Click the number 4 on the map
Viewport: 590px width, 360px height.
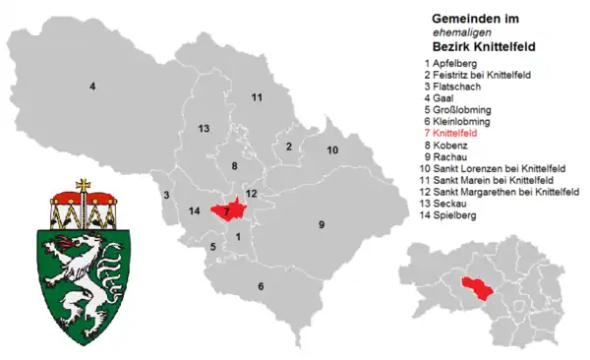click(92, 88)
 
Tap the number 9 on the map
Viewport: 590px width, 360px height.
click(321, 225)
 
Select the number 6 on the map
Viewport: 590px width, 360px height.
click(261, 286)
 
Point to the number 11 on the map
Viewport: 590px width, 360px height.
click(257, 97)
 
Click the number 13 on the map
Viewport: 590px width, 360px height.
click(204, 129)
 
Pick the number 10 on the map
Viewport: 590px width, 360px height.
click(332, 150)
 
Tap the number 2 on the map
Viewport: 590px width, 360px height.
click(289, 147)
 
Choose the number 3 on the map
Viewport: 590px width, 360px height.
click(168, 195)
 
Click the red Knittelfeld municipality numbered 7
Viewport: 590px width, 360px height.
click(228, 210)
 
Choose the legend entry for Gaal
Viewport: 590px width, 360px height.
click(442, 97)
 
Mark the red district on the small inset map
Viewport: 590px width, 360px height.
click(475, 288)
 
